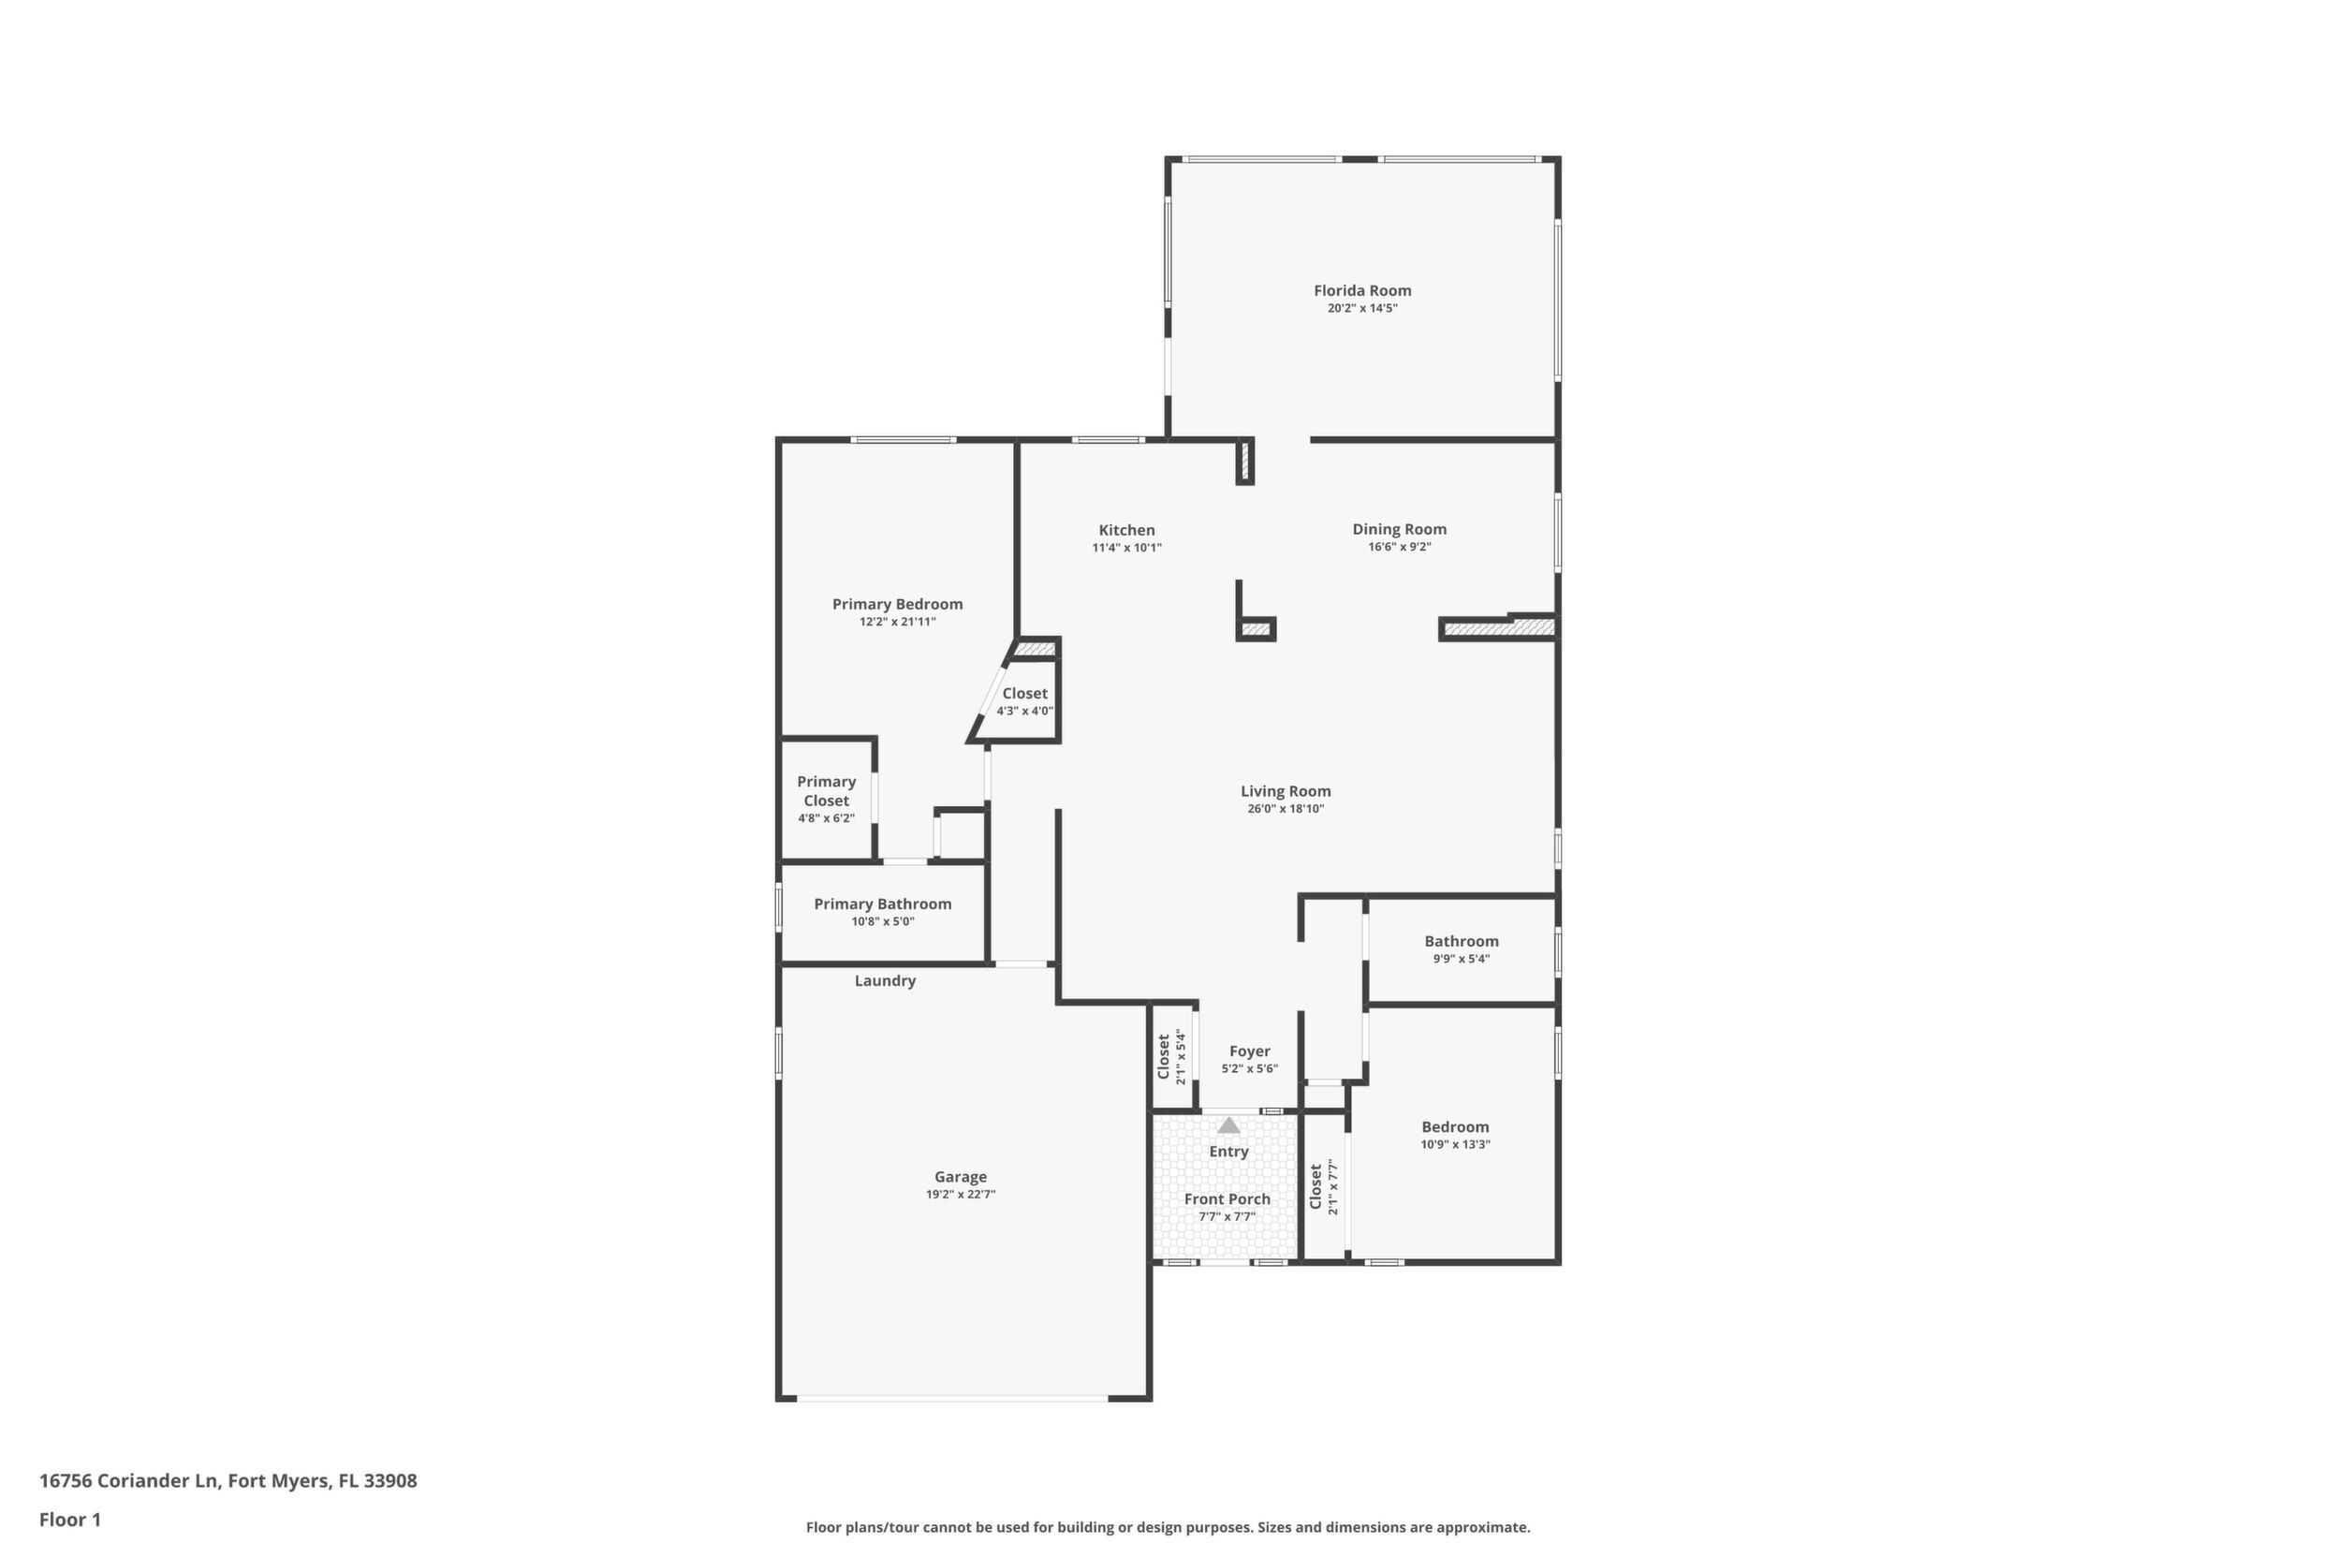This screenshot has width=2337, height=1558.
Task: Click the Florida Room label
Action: (x=1362, y=290)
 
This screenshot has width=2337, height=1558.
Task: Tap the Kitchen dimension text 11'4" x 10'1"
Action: (x=1126, y=548)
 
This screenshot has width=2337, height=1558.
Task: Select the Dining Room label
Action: (x=1399, y=530)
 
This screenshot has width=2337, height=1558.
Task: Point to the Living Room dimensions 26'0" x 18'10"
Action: (x=1286, y=809)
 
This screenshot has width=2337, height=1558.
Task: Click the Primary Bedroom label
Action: (x=897, y=604)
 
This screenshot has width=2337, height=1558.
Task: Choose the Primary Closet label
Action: (x=826, y=791)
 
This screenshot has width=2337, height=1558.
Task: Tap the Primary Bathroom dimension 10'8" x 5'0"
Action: (x=882, y=921)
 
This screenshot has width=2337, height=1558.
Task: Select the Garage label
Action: (x=960, y=1176)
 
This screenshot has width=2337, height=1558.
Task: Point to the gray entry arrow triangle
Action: (x=1229, y=1125)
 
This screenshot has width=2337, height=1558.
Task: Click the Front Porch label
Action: (x=1227, y=1199)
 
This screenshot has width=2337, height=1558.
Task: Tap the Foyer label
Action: (x=1250, y=1051)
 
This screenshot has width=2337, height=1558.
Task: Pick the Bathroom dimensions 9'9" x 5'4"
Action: (x=1461, y=959)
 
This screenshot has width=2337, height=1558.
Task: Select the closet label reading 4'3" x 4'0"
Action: (x=1024, y=711)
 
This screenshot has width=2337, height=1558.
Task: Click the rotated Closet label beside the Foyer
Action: (x=1165, y=1056)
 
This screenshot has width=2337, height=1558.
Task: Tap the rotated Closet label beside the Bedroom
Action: (x=1316, y=1187)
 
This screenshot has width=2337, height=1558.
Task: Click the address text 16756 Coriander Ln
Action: (x=128, y=1481)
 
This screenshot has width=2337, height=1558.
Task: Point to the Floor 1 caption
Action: (x=69, y=1520)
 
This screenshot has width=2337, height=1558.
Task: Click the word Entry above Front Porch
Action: (x=1229, y=1152)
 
